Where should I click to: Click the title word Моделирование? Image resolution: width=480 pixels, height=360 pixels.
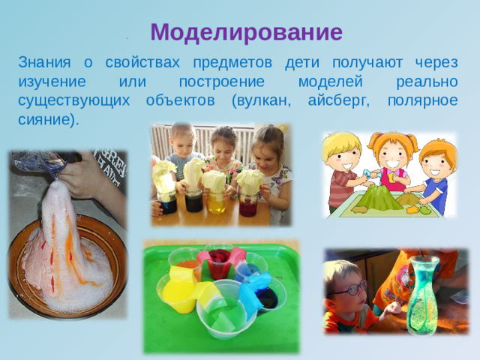pos(246,32)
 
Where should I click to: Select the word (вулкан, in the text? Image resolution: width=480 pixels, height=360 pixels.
pos(268,100)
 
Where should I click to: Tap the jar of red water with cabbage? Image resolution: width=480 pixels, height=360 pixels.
pos(247,202)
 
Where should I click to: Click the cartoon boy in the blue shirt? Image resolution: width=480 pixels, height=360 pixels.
pos(434,176)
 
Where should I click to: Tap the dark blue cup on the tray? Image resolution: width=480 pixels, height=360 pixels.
pos(267,296)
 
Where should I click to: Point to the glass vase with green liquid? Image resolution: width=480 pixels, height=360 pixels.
pos(421,296)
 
